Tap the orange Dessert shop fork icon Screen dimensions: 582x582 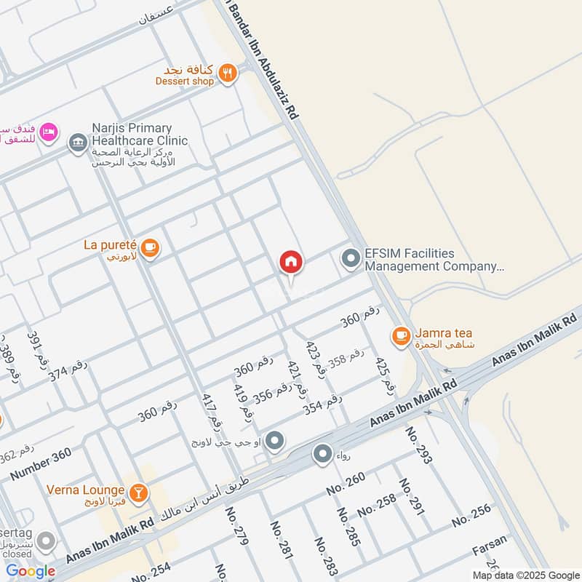228,73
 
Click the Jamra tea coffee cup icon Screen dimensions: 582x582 401,335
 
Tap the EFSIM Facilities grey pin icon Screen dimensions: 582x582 351,259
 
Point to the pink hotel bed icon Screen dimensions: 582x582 47,133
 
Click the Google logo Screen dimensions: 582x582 30,571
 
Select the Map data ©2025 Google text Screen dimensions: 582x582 523,574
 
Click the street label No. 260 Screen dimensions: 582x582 345,484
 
